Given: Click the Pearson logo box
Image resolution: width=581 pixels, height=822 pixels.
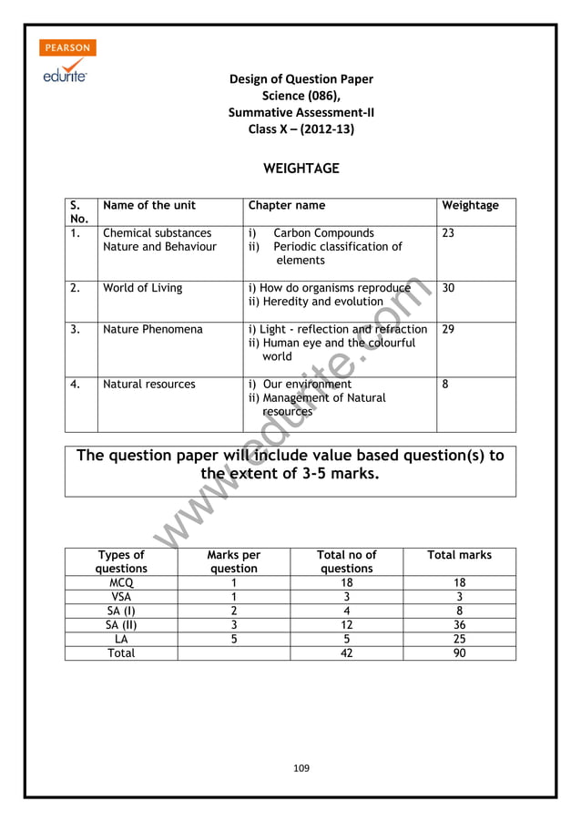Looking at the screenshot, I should (67, 47).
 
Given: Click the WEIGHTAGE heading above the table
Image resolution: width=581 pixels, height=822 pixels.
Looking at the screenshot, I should (301, 169).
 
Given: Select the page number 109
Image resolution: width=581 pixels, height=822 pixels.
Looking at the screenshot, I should (301, 768).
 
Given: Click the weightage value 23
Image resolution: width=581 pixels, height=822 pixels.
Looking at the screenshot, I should (448, 233).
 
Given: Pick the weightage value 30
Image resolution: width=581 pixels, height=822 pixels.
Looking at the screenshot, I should (448, 288).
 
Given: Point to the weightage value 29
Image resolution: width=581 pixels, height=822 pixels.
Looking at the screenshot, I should (448, 329).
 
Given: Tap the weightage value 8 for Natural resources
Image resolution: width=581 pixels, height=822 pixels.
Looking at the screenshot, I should (445, 385).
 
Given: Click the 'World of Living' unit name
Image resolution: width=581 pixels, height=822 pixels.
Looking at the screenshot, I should (142, 288).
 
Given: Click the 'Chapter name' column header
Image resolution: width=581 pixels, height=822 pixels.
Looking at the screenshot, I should (286, 206).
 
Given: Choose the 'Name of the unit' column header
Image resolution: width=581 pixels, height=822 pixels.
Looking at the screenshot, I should (148, 206).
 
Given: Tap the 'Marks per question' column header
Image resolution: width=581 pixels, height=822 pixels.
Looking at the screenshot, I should (234, 561).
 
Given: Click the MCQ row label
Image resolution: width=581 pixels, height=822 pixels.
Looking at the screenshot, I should (121, 582).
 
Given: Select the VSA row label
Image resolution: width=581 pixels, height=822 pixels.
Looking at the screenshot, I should (121, 597).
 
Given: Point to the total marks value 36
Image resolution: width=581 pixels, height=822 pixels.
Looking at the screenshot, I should (460, 625).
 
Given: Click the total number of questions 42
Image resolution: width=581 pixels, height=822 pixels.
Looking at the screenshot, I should (346, 653).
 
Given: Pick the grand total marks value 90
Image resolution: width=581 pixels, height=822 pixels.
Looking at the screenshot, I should (460, 653).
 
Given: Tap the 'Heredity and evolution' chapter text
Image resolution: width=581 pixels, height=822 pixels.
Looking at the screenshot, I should (316, 302).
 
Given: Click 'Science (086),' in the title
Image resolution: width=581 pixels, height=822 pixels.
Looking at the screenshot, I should (301, 96).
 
